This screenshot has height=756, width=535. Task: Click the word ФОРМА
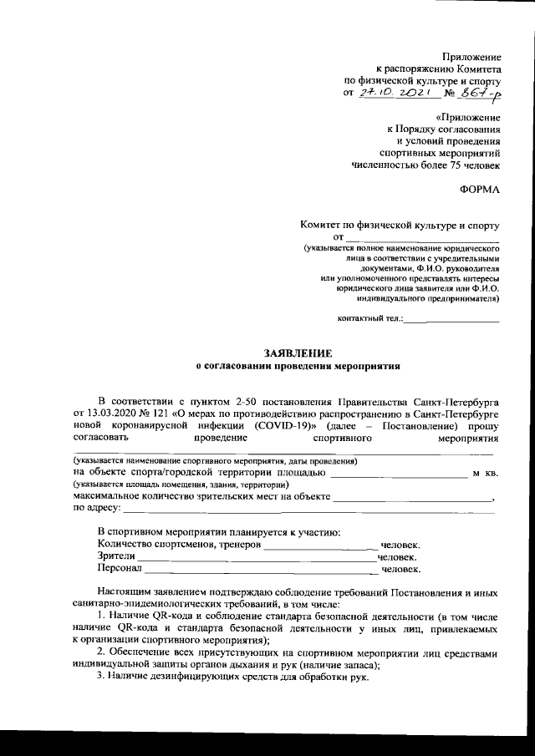[x=481, y=190]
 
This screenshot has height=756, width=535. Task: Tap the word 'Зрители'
[x=116, y=556]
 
